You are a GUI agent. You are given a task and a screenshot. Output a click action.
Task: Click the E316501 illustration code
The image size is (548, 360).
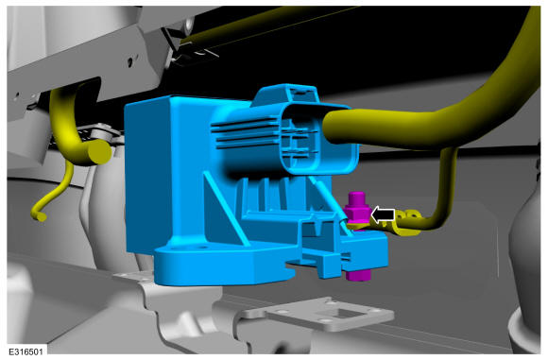[26, 351]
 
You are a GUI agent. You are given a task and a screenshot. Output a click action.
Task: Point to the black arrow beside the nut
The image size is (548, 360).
[383, 214]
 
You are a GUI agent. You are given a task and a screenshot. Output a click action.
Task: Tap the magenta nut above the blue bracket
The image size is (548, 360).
[357, 210]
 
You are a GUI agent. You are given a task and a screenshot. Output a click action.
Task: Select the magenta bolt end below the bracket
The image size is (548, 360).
[358, 275]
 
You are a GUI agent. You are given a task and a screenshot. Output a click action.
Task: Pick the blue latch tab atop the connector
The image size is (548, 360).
[286, 94]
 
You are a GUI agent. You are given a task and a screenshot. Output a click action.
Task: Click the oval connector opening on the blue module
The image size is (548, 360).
[318, 139]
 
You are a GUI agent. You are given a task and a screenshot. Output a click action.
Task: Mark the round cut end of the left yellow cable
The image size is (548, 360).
[99, 153]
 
